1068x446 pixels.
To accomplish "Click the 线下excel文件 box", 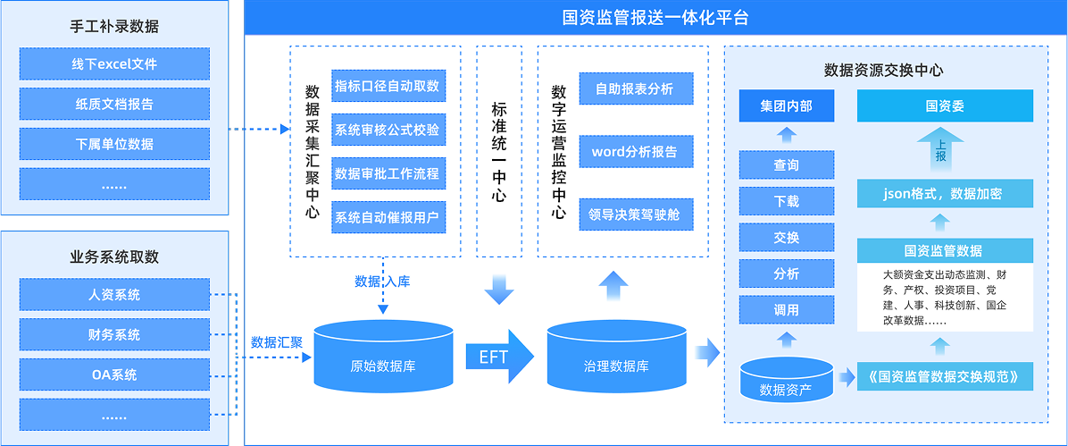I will tap(114, 64).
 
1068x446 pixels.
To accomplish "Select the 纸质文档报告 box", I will tap(114, 104).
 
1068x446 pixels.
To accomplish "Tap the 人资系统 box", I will tap(114, 295).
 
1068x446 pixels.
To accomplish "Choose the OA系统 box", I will tap(114, 374).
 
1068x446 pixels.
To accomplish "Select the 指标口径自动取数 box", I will tap(388, 87).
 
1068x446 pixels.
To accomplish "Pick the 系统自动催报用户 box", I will tap(388, 216).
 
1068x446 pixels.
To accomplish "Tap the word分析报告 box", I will tap(635, 151).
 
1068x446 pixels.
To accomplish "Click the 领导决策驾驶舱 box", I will tap(635, 215).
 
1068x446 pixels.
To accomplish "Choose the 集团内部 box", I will tap(786, 106).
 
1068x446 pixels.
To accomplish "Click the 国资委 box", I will tap(945, 106).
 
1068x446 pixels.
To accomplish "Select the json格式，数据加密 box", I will tap(945, 193).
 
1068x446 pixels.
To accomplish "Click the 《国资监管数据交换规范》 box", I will tap(945, 375).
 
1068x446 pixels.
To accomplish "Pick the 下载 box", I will tap(786, 201).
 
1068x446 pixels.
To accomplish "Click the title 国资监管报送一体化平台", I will tap(655, 17).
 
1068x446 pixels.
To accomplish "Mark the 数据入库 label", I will tap(382, 282).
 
